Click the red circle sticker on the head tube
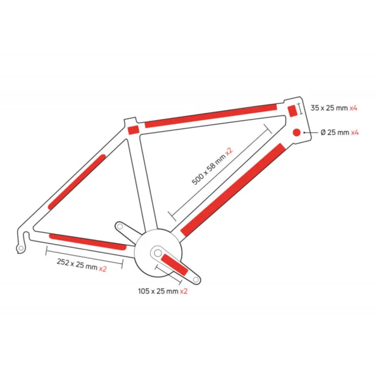point(296,133)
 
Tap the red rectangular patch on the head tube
point(292,111)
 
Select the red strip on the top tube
point(211,116)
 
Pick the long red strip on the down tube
point(233,190)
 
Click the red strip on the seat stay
point(77,182)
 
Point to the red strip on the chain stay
point(88,242)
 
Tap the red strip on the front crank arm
point(175,265)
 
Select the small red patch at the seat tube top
point(133,130)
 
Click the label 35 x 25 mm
point(329,108)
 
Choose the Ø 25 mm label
point(335,133)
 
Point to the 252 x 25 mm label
point(77,264)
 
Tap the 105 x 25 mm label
point(158,291)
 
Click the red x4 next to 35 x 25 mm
point(354,108)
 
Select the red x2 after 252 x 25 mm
point(103,268)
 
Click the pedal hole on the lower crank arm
point(196,280)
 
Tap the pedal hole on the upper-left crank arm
point(120,226)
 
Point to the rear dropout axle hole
point(21,248)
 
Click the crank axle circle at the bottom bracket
point(158,253)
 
